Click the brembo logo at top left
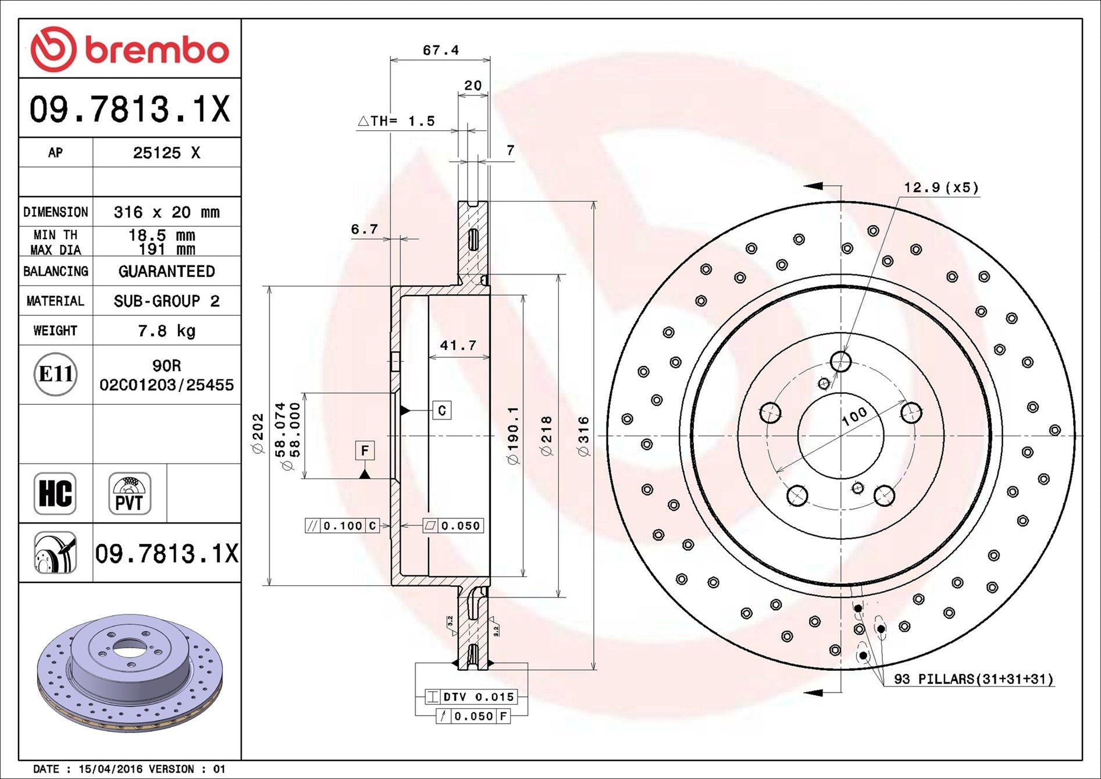coord(130,49)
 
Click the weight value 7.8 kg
coord(166,331)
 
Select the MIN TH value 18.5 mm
coord(161,235)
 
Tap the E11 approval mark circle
coord(55,374)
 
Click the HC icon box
coord(55,493)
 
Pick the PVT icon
coord(129,493)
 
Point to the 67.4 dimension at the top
coord(440,51)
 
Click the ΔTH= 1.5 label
coord(397,121)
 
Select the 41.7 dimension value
coord(458,346)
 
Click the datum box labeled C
coord(442,411)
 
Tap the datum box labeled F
coord(365,450)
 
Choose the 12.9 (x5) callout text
coord(941,187)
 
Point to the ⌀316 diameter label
coord(583,436)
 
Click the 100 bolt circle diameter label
coord(854,417)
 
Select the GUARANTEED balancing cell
coord(166,272)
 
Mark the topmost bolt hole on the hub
coord(840,361)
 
